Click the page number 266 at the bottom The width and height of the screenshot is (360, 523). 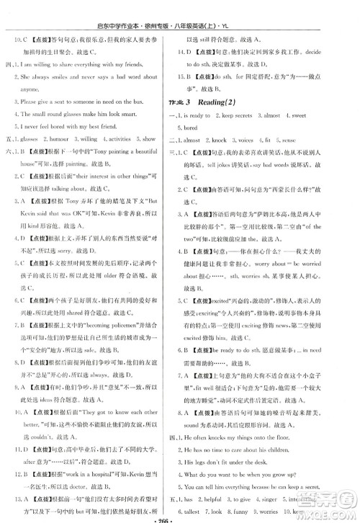(180, 515)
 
